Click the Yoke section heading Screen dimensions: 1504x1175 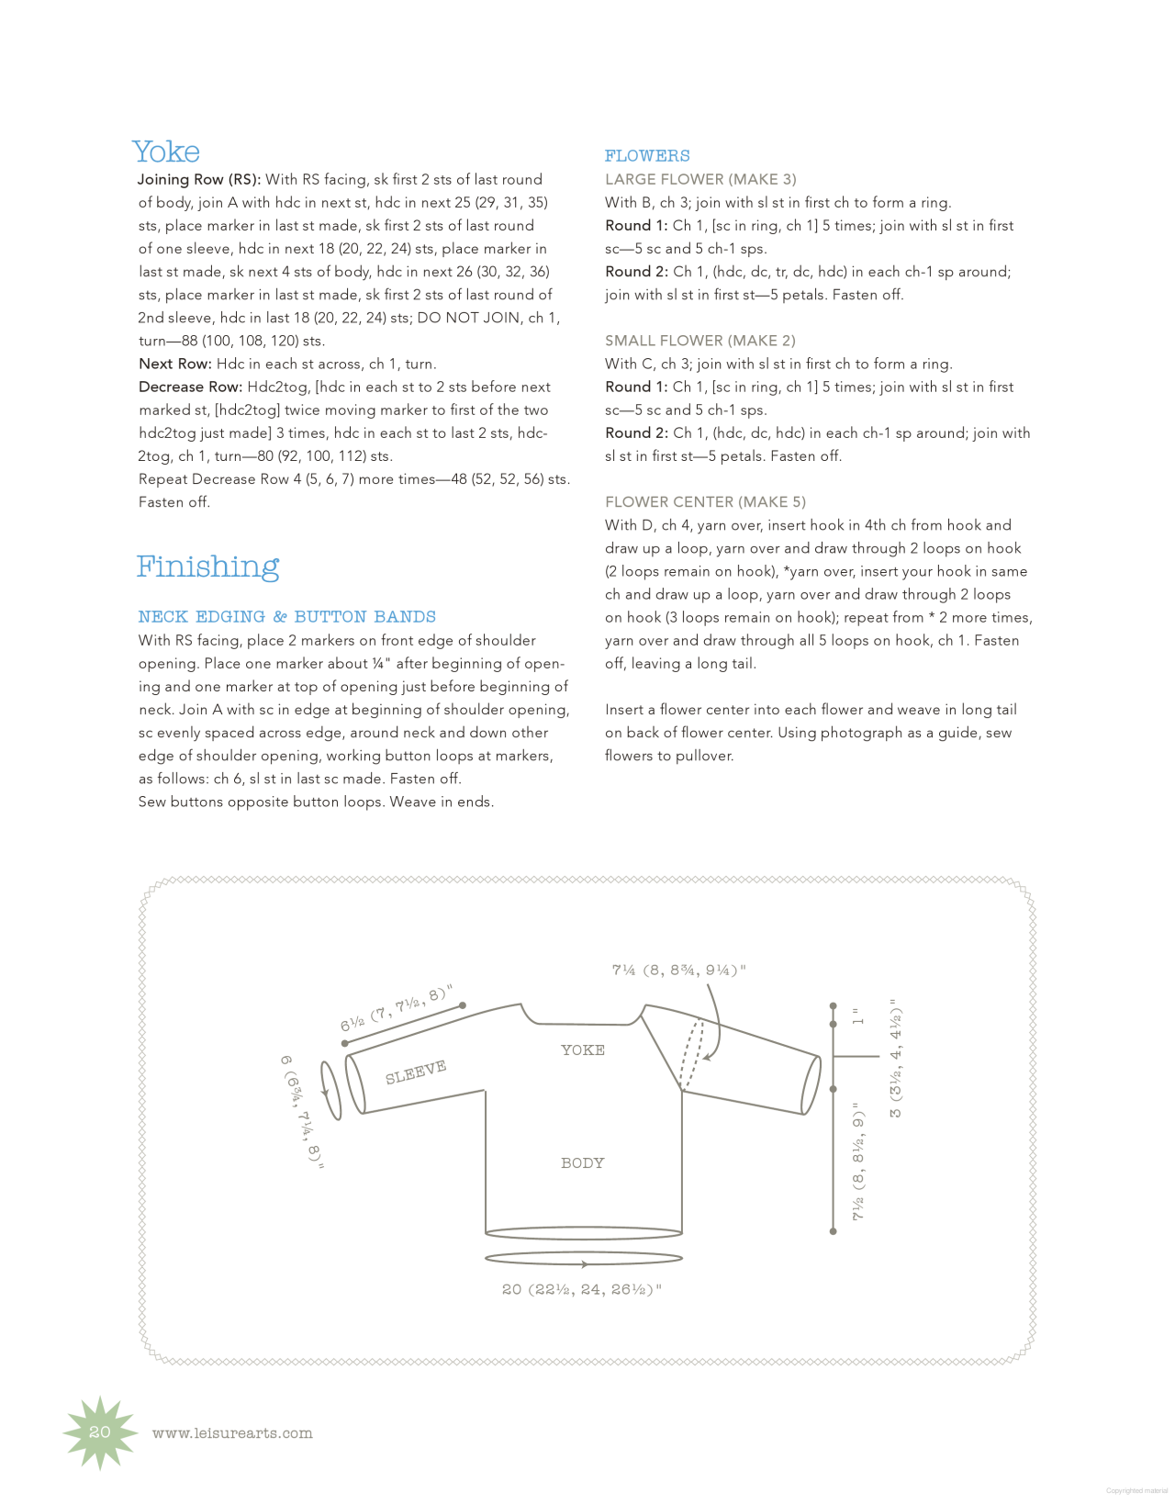pyautogui.click(x=166, y=152)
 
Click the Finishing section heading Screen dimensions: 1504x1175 pyautogui.click(x=207, y=567)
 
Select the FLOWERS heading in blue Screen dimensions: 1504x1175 pyautogui.click(x=647, y=156)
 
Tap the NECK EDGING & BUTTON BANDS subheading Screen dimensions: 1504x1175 pyautogui.click(x=287, y=617)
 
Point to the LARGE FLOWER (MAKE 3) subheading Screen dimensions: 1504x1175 pyautogui.click(x=700, y=179)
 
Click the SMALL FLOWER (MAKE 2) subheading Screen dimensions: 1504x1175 pyautogui.click(x=700, y=341)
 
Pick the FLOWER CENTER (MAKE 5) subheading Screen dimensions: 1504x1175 pyautogui.click(x=705, y=502)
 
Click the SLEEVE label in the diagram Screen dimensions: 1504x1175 pyautogui.click(x=416, y=1072)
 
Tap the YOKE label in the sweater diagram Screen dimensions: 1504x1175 pyautogui.click(x=583, y=1050)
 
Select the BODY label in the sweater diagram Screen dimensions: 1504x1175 pyautogui.click(x=583, y=1163)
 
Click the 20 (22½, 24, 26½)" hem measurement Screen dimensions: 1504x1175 pyautogui.click(x=582, y=1290)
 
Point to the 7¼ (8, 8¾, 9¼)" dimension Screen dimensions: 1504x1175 pyautogui.click(x=679, y=971)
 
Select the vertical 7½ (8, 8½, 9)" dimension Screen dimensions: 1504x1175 pyautogui.click(x=859, y=1162)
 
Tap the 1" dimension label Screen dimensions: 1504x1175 pyautogui.click(x=858, y=1016)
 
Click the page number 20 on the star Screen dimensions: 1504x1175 pyautogui.click(x=100, y=1432)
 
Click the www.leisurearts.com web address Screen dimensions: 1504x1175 pyautogui.click(x=232, y=1433)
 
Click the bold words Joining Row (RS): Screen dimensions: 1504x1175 pyautogui.click(x=199, y=180)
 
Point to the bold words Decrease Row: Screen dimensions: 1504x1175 pyautogui.click(x=191, y=387)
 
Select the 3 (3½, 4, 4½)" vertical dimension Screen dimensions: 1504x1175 pyautogui.click(x=896, y=1059)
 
